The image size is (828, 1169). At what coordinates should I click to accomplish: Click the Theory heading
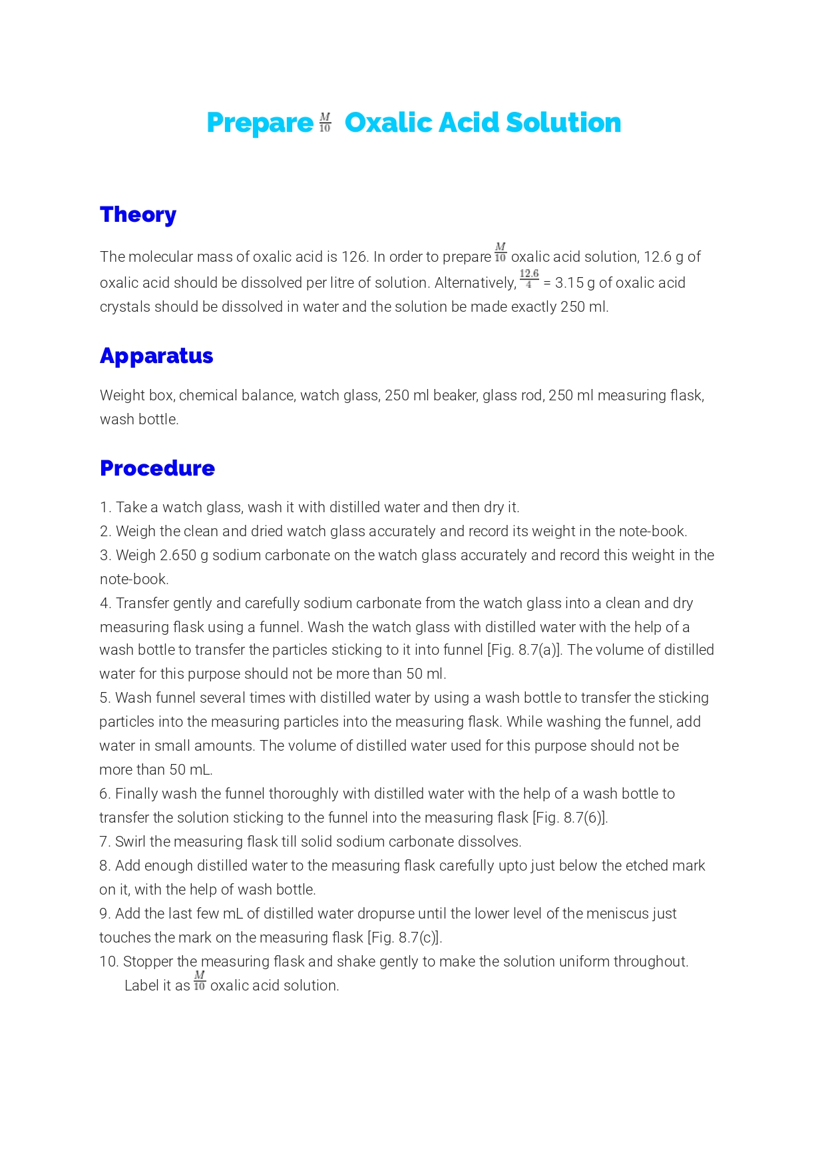click(138, 214)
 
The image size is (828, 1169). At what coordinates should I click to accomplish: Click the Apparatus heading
click(156, 356)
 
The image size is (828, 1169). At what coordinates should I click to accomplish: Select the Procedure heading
click(157, 468)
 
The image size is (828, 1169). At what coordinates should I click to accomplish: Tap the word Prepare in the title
click(260, 123)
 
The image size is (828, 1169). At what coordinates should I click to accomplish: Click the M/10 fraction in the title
click(325, 123)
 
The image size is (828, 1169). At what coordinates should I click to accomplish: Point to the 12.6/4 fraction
click(529, 279)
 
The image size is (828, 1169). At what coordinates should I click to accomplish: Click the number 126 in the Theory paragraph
click(354, 257)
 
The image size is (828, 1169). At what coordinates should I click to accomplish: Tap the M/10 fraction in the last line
click(199, 981)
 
